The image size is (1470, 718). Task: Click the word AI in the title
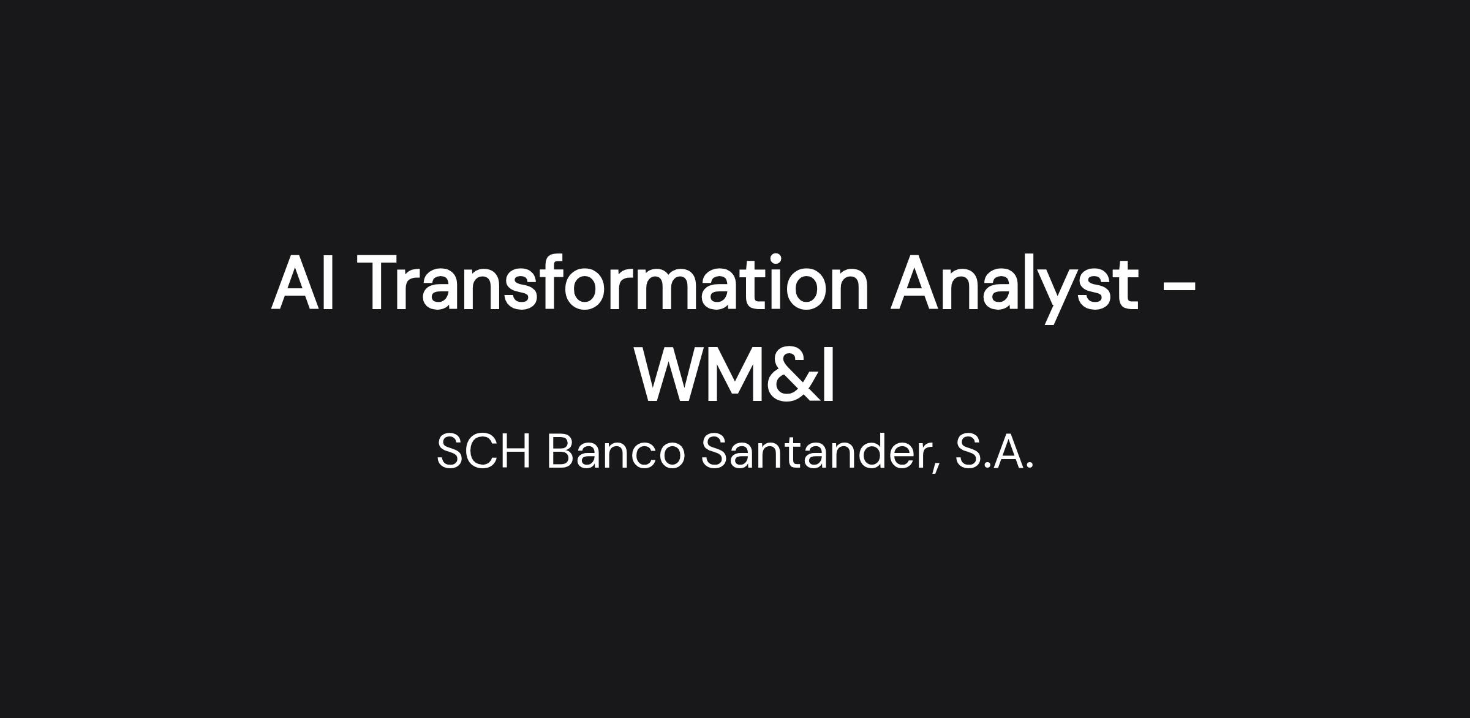point(303,283)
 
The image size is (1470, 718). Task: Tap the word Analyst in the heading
point(1014,286)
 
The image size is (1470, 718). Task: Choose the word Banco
point(616,451)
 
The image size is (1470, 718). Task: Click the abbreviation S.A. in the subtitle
point(994,451)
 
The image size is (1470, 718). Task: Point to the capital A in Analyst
point(918,283)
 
